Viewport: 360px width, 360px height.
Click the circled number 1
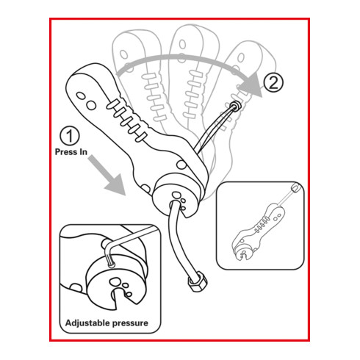pos(70,136)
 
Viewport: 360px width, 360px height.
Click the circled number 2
pos(273,82)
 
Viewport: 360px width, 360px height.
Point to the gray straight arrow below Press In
pos(107,175)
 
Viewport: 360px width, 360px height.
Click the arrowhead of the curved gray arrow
pos(251,84)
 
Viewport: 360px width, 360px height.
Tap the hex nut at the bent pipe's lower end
pos(198,281)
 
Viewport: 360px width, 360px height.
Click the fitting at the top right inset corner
pos(295,188)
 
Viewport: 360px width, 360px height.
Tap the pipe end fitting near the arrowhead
pos(236,106)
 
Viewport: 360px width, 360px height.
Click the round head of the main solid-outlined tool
pos(176,196)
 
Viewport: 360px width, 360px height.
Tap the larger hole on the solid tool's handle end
pos(91,106)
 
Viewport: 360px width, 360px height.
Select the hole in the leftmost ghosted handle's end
pos(124,54)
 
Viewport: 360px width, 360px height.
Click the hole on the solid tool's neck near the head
pos(181,165)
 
